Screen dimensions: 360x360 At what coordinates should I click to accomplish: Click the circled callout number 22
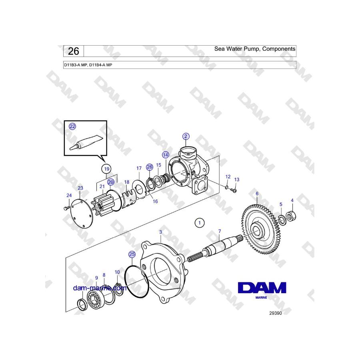click(x=72, y=126)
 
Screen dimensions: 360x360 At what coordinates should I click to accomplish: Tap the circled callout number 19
click(x=107, y=169)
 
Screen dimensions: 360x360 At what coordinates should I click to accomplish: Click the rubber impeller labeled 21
click(x=100, y=204)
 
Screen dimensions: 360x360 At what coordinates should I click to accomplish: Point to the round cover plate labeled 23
click(x=81, y=214)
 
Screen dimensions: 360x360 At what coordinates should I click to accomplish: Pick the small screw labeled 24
click(x=66, y=208)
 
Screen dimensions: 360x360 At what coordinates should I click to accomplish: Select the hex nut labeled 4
click(x=291, y=216)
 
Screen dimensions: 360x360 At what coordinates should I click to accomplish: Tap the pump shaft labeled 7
click(x=216, y=248)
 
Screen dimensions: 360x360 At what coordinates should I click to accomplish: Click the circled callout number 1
click(x=199, y=223)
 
